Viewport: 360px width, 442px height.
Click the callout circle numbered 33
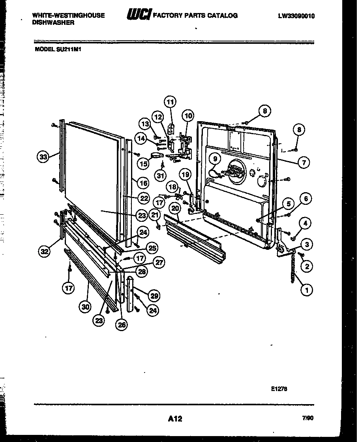pos(43,157)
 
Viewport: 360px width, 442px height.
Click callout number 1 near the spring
pos(306,290)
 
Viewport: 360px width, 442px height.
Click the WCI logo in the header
pos(138,15)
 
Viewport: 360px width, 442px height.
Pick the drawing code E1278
pos(279,388)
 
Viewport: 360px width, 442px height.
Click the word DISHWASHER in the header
pos(53,23)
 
